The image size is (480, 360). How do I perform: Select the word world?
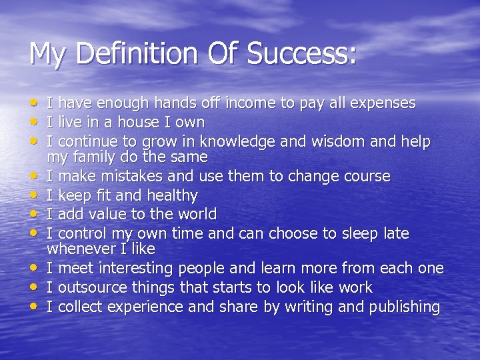195,215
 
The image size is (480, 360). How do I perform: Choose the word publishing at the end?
401,307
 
